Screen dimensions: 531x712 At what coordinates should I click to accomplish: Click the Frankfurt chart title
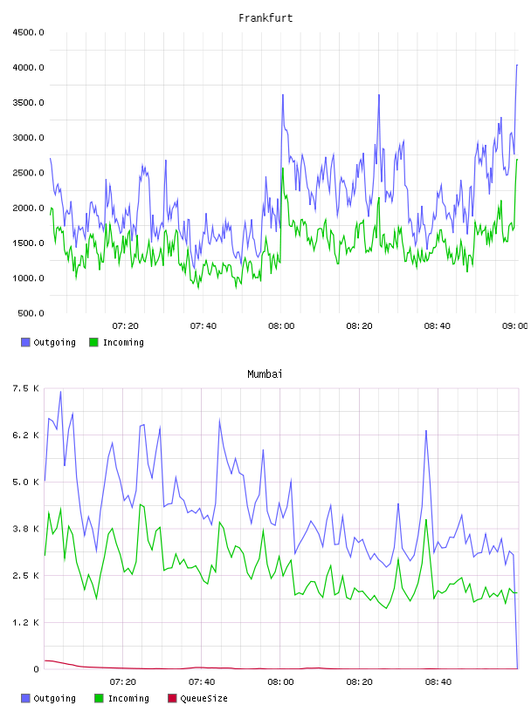point(265,18)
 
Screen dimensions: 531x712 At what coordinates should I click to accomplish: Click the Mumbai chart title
point(265,374)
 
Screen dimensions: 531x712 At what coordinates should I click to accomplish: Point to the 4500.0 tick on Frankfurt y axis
point(28,32)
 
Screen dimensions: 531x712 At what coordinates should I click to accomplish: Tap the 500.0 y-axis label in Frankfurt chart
point(31,313)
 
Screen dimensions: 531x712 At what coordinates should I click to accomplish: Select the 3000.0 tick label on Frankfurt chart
point(28,138)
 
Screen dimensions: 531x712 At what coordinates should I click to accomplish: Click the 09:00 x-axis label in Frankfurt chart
point(515,326)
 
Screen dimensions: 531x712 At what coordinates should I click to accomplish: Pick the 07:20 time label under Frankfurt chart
point(126,326)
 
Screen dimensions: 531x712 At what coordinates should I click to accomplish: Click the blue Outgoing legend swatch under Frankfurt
point(25,342)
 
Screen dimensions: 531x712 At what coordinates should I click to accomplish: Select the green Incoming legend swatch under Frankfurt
point(94,342)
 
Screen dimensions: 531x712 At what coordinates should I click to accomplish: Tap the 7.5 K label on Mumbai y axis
point(26,388)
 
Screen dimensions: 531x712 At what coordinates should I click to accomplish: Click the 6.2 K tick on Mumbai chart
point(26,435)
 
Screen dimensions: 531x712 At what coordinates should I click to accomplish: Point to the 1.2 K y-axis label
point(26,622)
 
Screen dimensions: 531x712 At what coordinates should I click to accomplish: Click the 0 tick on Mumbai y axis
point(37,669)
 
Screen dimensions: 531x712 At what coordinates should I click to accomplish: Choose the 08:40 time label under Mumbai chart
point(438,682)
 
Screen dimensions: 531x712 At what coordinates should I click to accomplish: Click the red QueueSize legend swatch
point(172,698)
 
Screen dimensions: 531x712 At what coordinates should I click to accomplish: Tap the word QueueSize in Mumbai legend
point(204,698)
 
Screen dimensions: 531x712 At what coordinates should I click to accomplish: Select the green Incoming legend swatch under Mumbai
point(99,698)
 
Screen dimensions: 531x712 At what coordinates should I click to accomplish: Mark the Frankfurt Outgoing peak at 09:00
point(517,65)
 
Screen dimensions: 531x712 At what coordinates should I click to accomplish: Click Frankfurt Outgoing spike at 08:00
point(283,95)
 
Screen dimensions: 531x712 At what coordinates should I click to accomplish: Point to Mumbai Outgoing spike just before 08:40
point(426,430)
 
